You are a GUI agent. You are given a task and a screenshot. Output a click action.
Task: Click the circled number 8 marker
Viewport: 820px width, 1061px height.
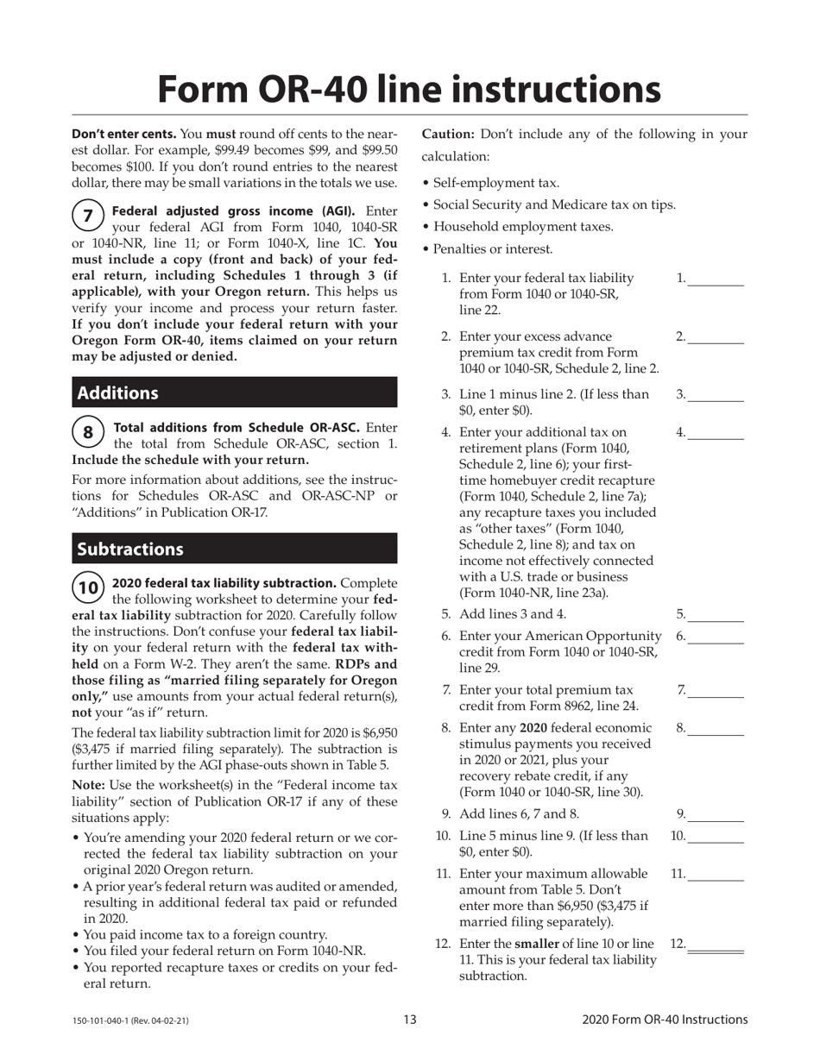pos(87,431)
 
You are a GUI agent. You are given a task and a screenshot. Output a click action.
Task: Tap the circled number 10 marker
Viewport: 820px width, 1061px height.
pos(87,587)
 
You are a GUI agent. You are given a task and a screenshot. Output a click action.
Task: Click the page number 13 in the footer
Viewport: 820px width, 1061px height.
pos(410,1020)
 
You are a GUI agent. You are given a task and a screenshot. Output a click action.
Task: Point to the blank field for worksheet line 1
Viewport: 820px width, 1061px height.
pos(716,279)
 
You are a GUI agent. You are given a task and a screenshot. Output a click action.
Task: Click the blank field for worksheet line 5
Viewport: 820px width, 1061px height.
pos(716,615)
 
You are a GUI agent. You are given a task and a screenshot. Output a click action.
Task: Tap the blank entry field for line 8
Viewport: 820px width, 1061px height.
pos(716,729)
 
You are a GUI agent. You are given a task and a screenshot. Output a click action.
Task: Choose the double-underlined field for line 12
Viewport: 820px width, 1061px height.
pos(716,946)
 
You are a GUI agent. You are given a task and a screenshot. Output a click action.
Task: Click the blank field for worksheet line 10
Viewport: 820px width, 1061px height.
pos(716,836)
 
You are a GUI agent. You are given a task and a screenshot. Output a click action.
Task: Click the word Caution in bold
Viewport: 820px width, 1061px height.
pos(447,134)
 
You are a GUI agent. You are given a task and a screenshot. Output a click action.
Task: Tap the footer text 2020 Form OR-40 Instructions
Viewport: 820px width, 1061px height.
pos(665,1020)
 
